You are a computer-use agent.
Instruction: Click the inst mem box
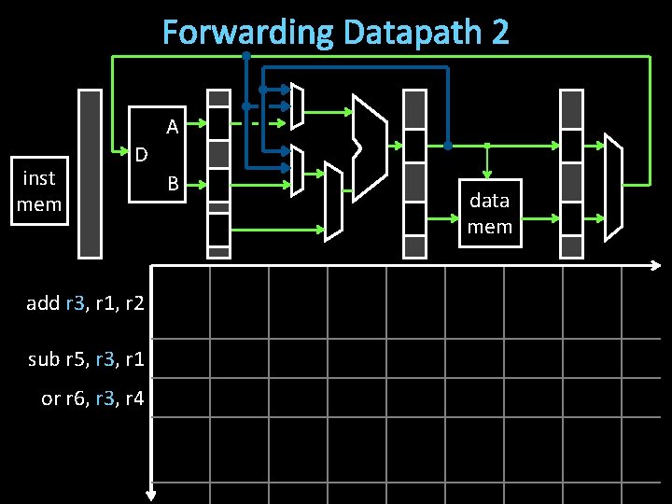[39, 190]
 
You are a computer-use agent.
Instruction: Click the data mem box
[489, 213]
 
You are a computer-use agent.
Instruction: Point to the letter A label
[173, 126]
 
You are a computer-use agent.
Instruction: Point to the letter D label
[140, 153]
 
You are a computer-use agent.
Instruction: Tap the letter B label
[173, 184]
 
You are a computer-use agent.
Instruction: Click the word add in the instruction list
[43, 302]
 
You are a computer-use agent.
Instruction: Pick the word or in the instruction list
[51, 399]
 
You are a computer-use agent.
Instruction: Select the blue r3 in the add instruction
[77, 302]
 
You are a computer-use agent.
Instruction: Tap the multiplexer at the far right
[612, 187]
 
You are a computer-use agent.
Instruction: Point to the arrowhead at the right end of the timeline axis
[655, 266]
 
